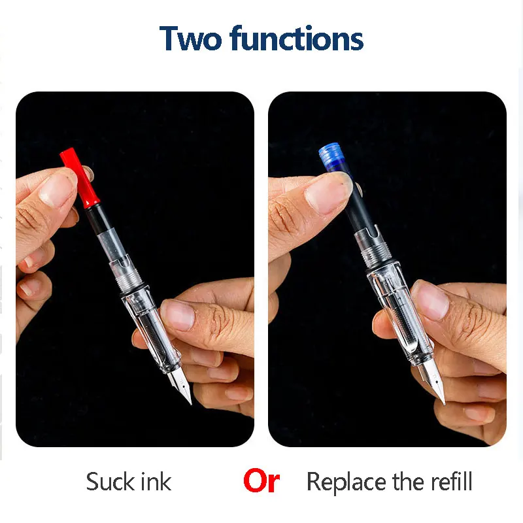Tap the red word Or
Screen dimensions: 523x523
261,482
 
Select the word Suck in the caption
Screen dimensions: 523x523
110,482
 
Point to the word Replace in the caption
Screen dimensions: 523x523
346,482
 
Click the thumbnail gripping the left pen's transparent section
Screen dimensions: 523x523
178,314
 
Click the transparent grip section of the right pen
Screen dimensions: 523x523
399,314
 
